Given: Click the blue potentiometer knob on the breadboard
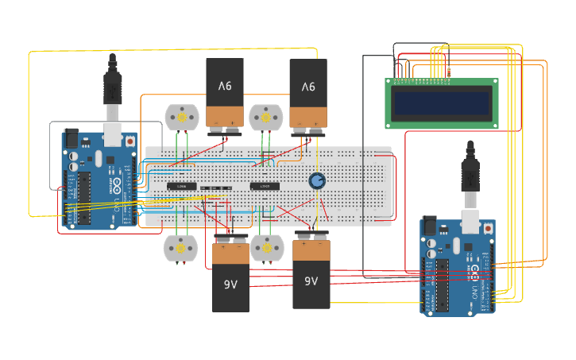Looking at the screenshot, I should pos(317,180).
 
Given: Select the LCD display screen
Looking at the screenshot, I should pos(442,103).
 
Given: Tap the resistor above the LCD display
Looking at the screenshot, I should pos(448,73).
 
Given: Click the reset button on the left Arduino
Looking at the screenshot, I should pos(130,141).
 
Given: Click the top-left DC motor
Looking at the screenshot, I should pos(180,118).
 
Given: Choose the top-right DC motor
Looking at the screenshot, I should pos(265,118).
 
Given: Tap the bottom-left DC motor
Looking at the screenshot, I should pos(180,248).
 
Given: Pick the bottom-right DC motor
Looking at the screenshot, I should pos(266,248).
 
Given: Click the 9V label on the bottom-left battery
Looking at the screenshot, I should pos(230,284).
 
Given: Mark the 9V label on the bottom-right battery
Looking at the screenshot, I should pos(311,281).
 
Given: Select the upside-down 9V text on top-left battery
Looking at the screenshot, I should pos(225,86).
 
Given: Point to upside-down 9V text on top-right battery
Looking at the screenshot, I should pos(308,86).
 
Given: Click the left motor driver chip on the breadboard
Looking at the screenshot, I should pos(182,186).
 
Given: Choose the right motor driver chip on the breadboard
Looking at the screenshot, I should pos(265,186).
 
